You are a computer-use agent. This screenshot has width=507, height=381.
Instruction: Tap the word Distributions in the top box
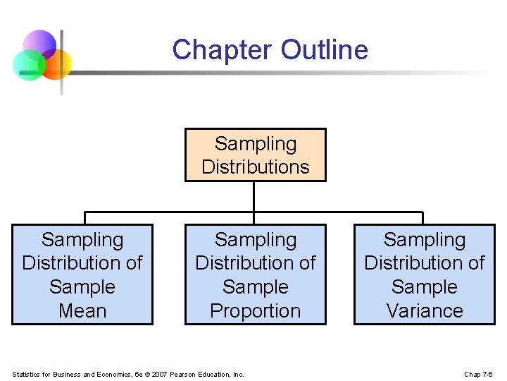click(256, 167)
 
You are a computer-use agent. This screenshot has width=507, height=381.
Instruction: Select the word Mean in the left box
click(82, 310)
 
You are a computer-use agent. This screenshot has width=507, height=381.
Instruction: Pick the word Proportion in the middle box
click(256, 310)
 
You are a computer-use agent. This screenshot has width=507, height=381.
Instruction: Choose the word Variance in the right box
click(425, 310)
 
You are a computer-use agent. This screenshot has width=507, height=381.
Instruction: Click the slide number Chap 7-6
click(478, 374)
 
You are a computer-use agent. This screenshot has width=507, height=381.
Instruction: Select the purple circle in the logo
click(39, 44)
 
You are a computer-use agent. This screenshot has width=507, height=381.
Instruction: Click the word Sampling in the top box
click(256, 143)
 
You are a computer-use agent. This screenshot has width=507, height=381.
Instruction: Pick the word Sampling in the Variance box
click(425, 240)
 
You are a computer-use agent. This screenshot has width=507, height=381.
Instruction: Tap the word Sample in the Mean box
click(82, 287)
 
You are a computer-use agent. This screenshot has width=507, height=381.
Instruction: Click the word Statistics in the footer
click(27, 374)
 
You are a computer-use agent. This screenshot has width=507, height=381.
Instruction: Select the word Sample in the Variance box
click(425, 287)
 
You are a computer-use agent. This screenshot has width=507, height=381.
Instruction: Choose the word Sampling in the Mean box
click(82, 240)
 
